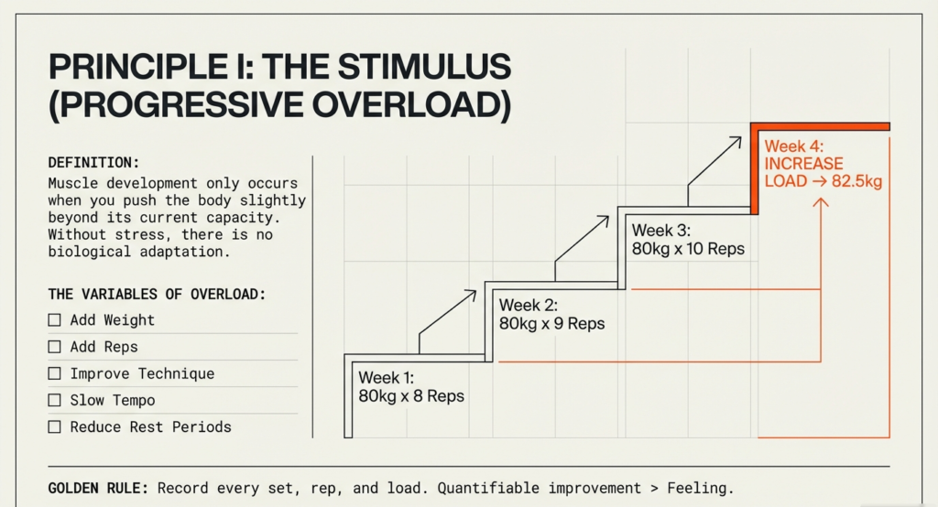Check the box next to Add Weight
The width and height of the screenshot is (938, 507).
[x=54, y=320]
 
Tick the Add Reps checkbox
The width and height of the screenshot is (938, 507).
[x=54, y=347]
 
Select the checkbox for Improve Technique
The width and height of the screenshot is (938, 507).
[x=54, y=373]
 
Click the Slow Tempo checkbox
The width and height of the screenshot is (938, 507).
[x=54, y=400]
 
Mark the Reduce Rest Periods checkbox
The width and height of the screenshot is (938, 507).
[x=54, y=426]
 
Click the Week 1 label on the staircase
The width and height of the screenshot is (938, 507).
[x=387, y=378]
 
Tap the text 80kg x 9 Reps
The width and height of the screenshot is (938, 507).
[x=551, y=324]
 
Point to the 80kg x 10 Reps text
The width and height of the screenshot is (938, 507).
[x=688, y=249]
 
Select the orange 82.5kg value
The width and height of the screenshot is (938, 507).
[x=857, y=181]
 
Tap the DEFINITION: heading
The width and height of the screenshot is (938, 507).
[x=94, y=163]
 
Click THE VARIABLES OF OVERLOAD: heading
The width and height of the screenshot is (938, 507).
[x=157, y=295]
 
